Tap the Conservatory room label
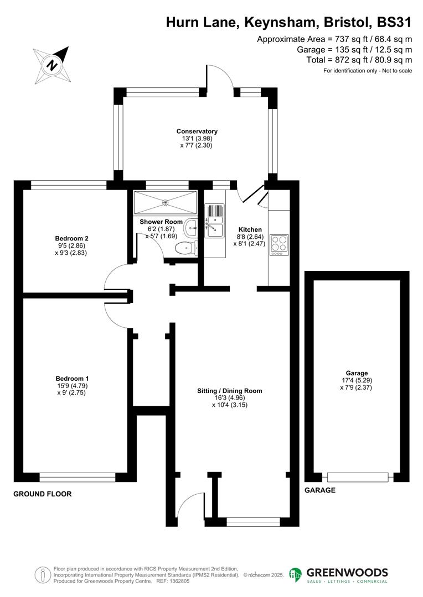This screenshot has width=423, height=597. (x=197, y=131)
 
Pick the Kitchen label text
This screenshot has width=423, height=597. (x=250, y=229)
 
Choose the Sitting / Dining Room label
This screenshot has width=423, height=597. (x=230, y=391)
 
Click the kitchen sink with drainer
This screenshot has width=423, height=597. (x=214, y=221)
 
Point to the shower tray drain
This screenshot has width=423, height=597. (x=165, y=203)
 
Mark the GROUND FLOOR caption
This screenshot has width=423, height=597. (x=43, y=494)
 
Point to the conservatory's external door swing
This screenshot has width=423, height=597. (x=221, y=75)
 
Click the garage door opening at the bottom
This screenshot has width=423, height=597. (x=357, y=476)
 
